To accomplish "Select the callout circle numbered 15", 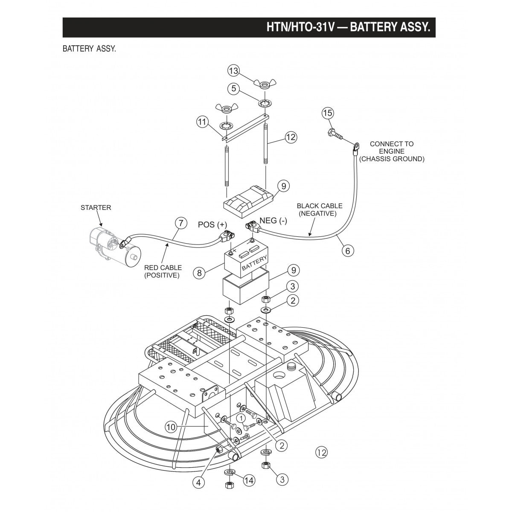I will point(327,113).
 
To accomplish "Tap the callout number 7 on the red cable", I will point(181,223).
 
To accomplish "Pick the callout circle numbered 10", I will point(171,426).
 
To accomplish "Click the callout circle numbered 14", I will point(249,480).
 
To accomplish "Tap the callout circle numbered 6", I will point(347,250).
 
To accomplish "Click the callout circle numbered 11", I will point(202,122).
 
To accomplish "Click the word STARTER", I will point(96,208).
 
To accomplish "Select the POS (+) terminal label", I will point(212,225).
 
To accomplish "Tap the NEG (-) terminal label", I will point(273,221).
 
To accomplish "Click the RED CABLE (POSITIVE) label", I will point(163,271).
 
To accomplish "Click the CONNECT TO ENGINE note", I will point(391,151).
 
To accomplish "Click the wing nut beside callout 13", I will point(263,83).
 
